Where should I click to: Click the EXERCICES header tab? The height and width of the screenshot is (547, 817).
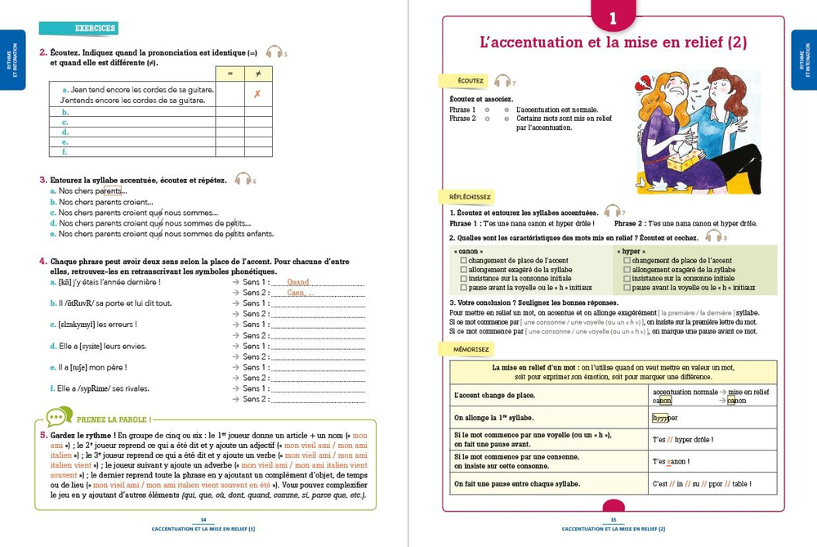coord(78,28)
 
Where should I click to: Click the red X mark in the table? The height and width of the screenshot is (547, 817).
coord(257,94)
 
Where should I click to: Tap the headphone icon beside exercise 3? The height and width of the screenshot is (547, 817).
coord(242,179)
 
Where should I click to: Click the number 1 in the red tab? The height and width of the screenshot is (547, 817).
coord(613,18)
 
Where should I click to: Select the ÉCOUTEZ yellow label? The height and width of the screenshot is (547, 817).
coord(470,81)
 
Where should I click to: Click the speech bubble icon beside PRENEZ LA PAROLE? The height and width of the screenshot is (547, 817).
coord(55,418)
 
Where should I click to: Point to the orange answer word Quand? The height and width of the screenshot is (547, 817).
coord(297,282)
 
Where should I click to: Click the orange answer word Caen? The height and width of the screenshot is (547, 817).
coord(295,293)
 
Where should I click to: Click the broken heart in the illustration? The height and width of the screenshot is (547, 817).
coord(650,82)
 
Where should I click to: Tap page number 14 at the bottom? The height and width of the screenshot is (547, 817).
coord(203,521)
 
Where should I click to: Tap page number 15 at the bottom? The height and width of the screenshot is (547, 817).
coord(613,521)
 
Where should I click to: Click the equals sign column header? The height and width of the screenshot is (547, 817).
coord(230,74)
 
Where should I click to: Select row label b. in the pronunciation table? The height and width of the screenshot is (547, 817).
coord(65,112)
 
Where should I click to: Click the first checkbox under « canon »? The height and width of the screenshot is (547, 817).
coord(464,260)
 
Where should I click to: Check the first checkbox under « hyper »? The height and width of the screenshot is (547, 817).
coord(627,260)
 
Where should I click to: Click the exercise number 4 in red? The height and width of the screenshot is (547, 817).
coord(42,261)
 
